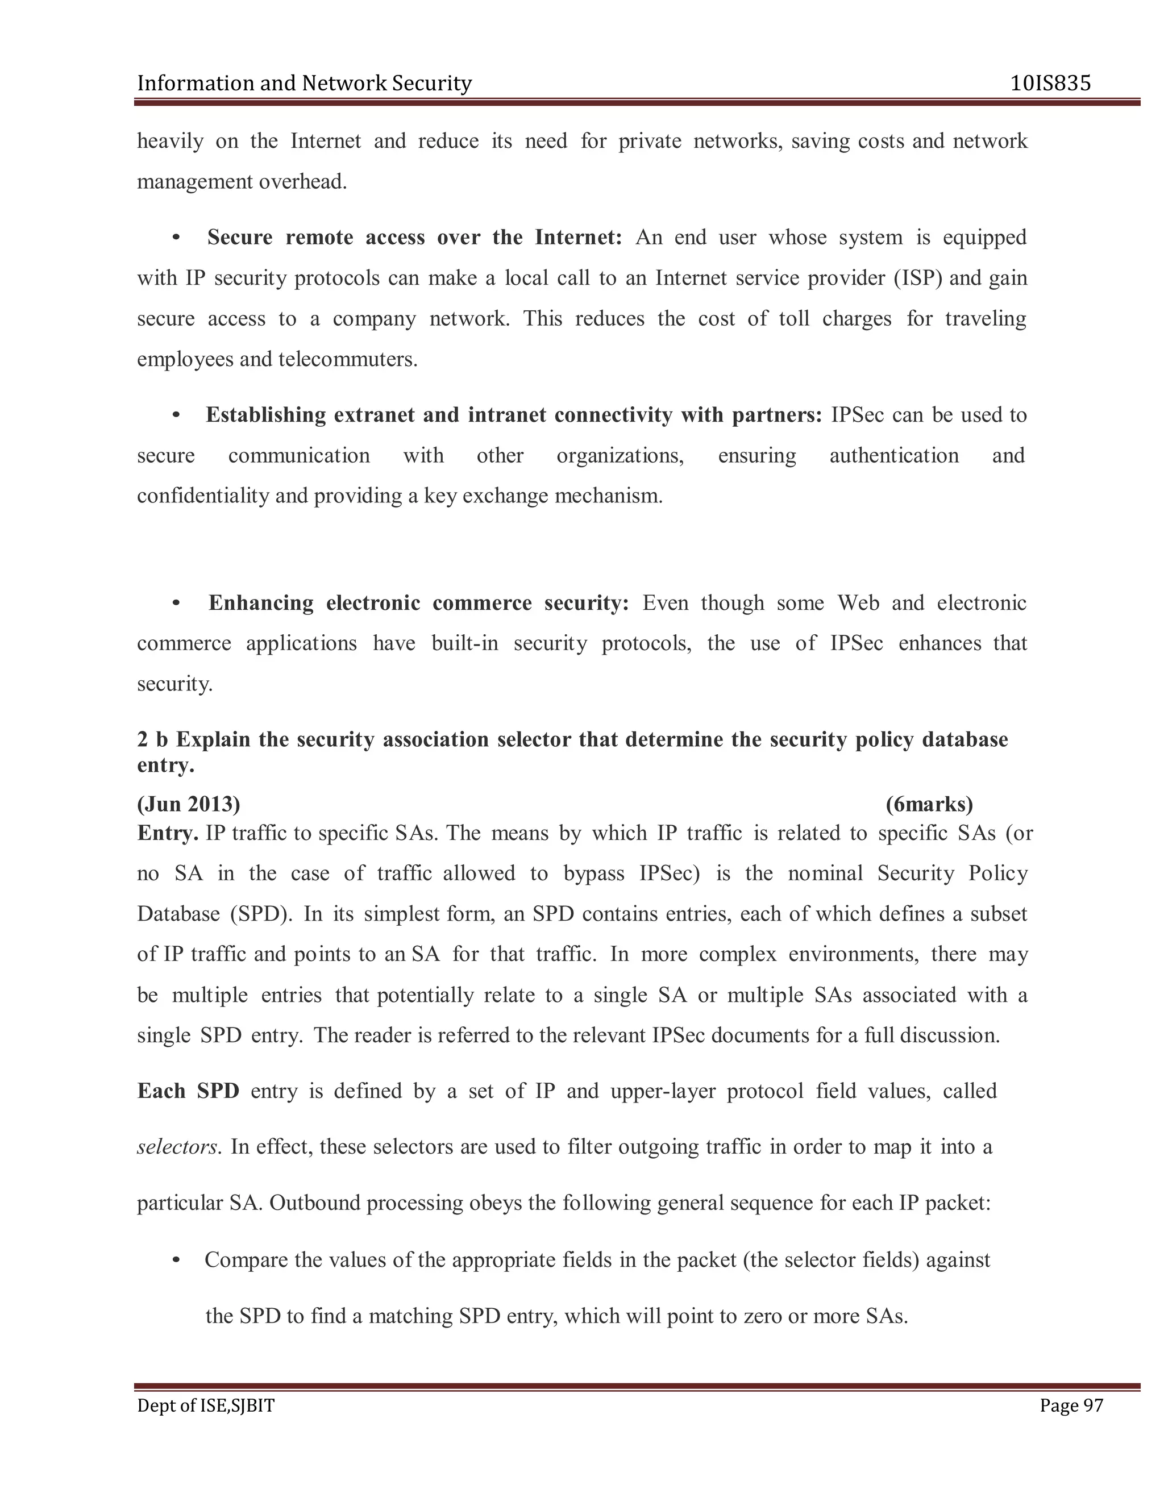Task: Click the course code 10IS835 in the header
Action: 1050,84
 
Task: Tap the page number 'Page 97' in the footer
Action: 1071,1405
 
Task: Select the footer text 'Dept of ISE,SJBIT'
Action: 206,1405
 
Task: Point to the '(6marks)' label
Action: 929,804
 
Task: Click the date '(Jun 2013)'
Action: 188,804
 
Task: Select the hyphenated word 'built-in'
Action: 465,643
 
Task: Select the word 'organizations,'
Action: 620,456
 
